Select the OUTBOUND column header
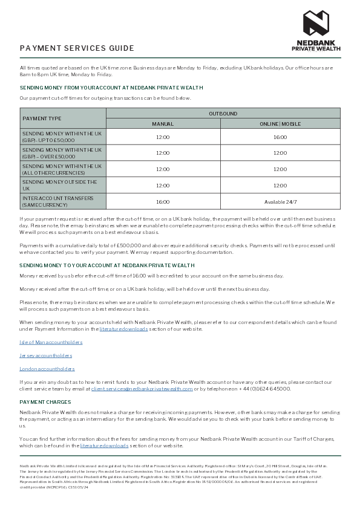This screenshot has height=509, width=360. (x=223, y=114)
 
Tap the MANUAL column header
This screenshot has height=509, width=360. (x=163, y=124)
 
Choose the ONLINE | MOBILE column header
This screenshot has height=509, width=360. (x=280, y=124)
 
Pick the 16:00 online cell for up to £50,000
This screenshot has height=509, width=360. (x=280, y=137)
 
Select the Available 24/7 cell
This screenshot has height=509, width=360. (x=280, y=202)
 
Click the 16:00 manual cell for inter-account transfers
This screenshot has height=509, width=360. (x=163, y=202)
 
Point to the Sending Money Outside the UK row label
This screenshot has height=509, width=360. (x=59, y=185)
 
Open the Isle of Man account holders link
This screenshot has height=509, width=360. (x=51, y=343)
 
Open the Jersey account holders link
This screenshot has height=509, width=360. (x=45, y=355)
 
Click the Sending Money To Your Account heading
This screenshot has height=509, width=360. (x=107, y=265)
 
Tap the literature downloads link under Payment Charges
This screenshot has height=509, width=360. (x=104, y=446)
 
